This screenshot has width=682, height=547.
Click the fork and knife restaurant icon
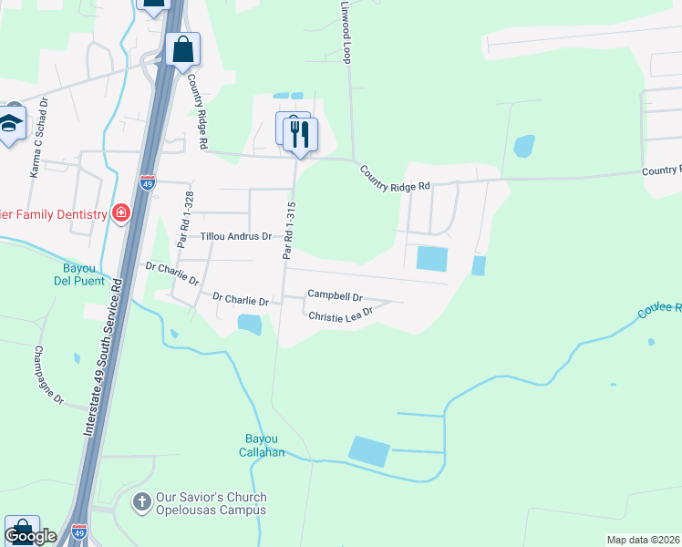pos(300,135)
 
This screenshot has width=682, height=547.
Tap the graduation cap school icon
pos(10,123)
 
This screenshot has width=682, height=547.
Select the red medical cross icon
pos(120,213)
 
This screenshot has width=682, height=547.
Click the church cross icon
pos(141,502)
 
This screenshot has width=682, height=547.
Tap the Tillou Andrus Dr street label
pos(236,236)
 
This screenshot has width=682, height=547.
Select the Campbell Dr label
pos(335,295)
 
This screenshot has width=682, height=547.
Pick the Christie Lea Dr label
pos(341,315)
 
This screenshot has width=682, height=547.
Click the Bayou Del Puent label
pos(86,274)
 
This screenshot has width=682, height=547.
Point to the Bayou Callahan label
pos(264,445)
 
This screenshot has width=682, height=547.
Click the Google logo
pos(30,536)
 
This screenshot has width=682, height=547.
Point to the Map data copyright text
pos(643,540)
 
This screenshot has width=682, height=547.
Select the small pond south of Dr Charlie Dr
pos(249,323)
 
